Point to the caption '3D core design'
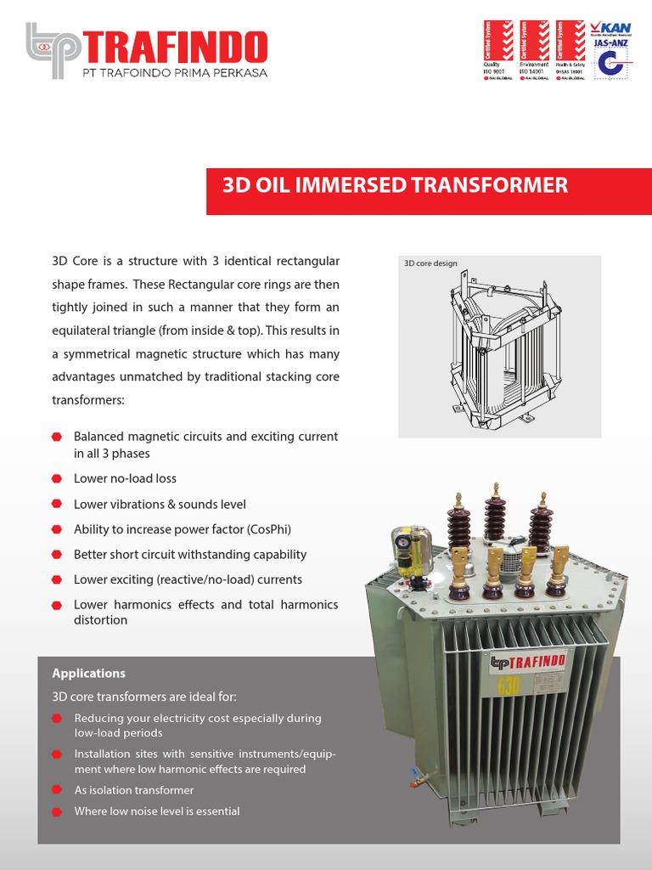pyautogui.click(x=430, y=263)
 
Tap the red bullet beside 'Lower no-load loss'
pyautogui.click(x=57, y=479)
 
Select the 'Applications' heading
pyautogui.click(x=88, y=674)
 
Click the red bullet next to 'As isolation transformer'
pyautogui.click(x=57, y=790)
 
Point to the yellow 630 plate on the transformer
pyautogui.click(x=508, y=686)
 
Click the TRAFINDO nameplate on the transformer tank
pyautogui.click(x=530, y=663)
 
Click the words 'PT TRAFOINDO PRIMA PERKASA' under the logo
pyautogui.click(x=174, y=73)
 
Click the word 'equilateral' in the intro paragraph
pyautogui.click(x=85, y=330)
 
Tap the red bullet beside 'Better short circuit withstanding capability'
pyautogui.click(x=57, y=555)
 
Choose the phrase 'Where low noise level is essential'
pyautogui.click(x=157, y=811)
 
